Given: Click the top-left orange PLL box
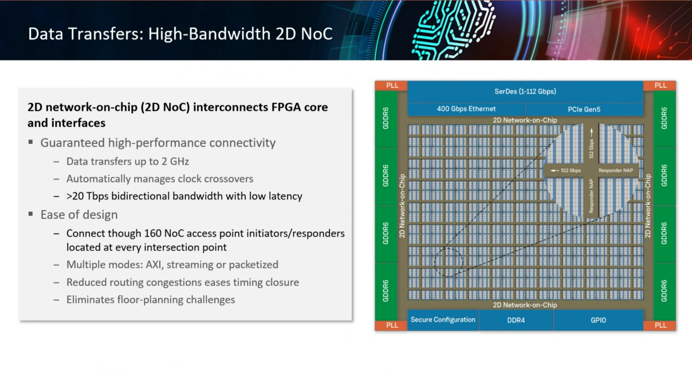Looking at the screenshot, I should click(x=392, y=86).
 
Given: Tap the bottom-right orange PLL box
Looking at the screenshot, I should click(x=660, y=325).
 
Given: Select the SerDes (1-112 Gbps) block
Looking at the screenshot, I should click(x=525, y=92).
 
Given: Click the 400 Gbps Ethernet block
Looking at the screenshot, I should click(x=466, y=109).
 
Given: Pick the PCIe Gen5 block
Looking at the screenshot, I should click(x=584, y=110).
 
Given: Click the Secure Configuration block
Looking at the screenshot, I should click(x=443, y=320).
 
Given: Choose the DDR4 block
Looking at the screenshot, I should click(x=516, y=320).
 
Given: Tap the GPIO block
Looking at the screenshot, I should click(x=598, y=320).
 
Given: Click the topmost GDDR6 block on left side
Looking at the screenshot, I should click(x=386, y=118).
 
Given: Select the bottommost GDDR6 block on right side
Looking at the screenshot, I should click(x=664, y=291).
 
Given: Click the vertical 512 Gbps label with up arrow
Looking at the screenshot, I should click(x=591, y=148).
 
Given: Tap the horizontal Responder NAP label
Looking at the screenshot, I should click(x=616, y=170).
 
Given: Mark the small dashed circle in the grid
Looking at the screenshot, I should click(x=448, y=262).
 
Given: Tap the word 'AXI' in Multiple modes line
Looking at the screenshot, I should click(x=154, y=265).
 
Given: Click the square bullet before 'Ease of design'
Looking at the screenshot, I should click(x=31, y=214).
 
